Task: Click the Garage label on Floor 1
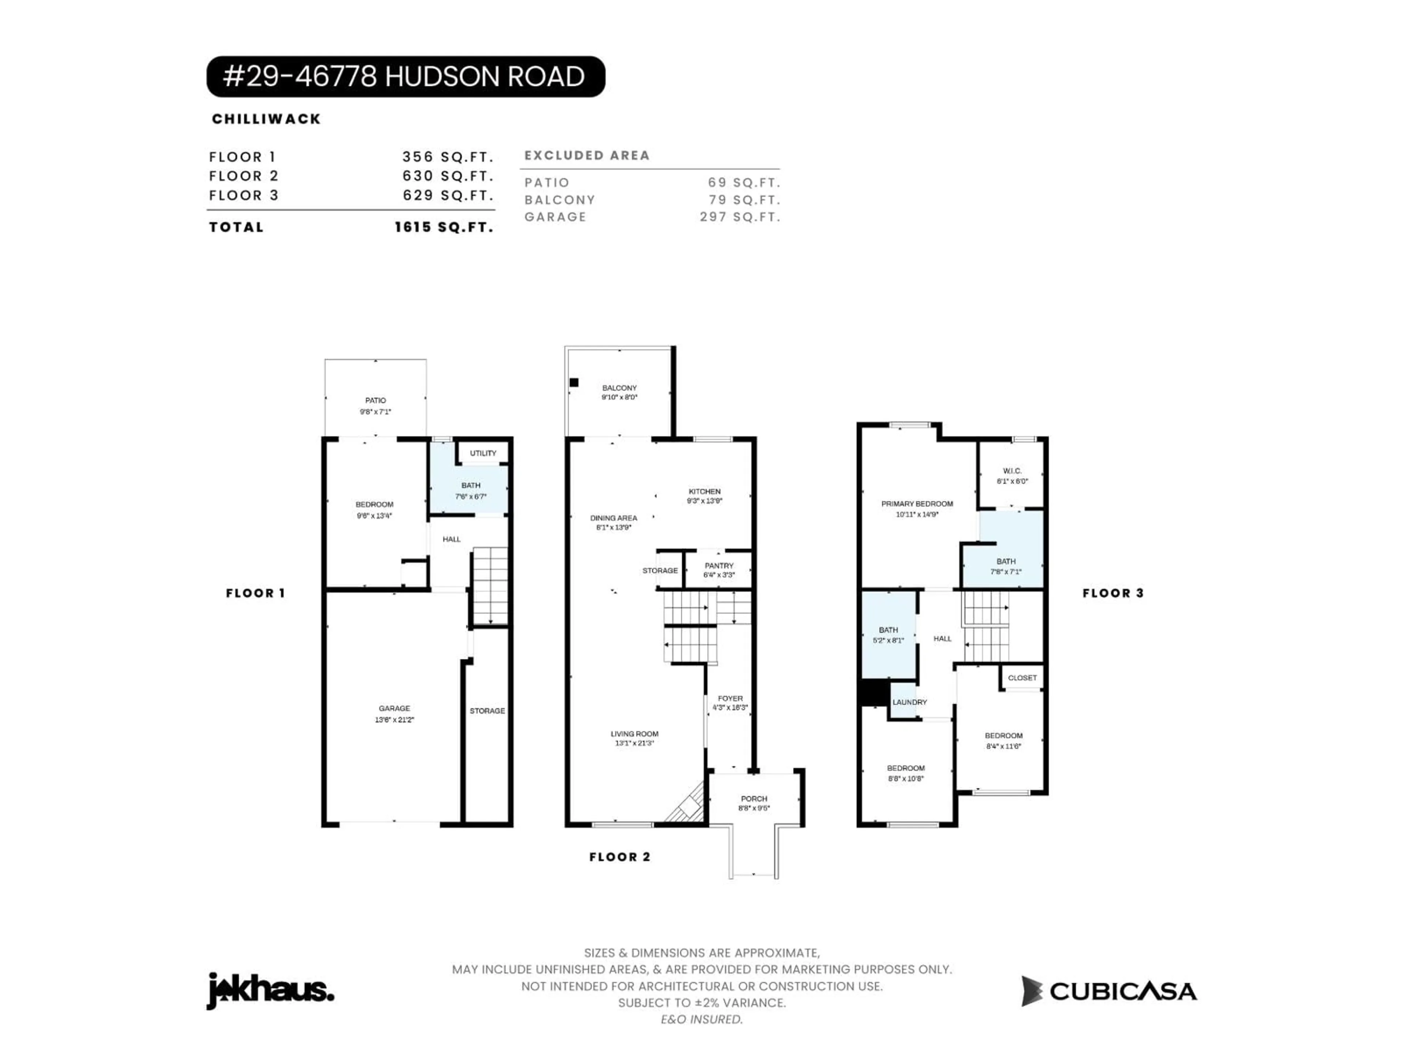[x=394, y=708]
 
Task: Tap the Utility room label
[x=483, y=453]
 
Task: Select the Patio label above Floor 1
[x=375, y=400]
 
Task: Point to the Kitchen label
[x=705, y=491]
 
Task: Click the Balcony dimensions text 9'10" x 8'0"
[x=619, y=397]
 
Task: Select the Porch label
[x=754, y=799]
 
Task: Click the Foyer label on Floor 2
[x=730, y=698]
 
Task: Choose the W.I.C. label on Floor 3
[x=1012, y=471]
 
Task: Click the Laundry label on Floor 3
[x=910, y=702]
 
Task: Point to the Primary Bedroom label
[x=917, y=504]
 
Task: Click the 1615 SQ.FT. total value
[x=444, y=227]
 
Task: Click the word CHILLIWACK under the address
[x=267, y=119]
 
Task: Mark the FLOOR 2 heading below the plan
[x=619, y=857]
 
